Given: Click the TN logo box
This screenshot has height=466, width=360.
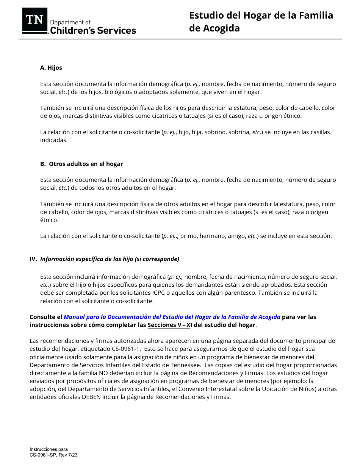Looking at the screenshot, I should (35, 20).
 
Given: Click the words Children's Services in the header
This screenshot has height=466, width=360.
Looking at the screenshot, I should (93, 31).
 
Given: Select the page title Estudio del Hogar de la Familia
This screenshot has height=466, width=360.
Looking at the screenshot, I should (261, 16).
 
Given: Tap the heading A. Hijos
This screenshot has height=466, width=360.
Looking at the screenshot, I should (51, 68).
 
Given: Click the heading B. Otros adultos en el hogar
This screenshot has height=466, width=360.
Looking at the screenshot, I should (81, 164).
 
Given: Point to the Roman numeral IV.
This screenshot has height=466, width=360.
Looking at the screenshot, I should (33, 259).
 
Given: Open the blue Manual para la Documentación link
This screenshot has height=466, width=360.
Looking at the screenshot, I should (172, 317).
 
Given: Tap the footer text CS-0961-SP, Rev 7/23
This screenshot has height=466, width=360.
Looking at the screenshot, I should (53, 455).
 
